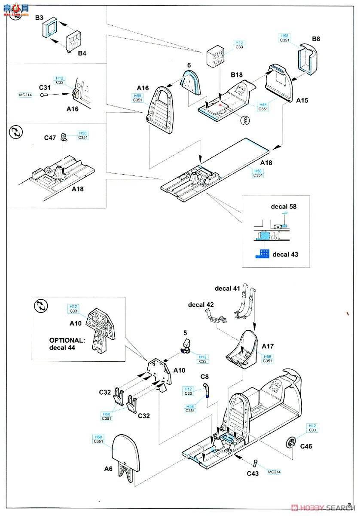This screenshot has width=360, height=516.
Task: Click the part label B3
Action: [39, 18]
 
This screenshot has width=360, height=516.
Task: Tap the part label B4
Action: [82, 53]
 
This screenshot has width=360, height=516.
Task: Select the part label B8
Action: [316, 39]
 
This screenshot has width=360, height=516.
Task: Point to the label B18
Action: [237, 75]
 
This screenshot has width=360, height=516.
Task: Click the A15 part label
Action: [302, 100]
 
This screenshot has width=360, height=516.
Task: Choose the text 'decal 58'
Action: [284, 206]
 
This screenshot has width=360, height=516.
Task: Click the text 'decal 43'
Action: [285, 254]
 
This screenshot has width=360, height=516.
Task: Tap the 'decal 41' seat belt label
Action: [228, 288]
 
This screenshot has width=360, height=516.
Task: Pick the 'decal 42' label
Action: [201, 305]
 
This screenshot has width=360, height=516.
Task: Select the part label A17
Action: [268, 346]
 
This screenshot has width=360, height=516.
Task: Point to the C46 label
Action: [306, 446]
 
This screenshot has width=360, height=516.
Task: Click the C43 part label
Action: [253, 474]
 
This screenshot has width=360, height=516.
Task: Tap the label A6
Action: [108, 469]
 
